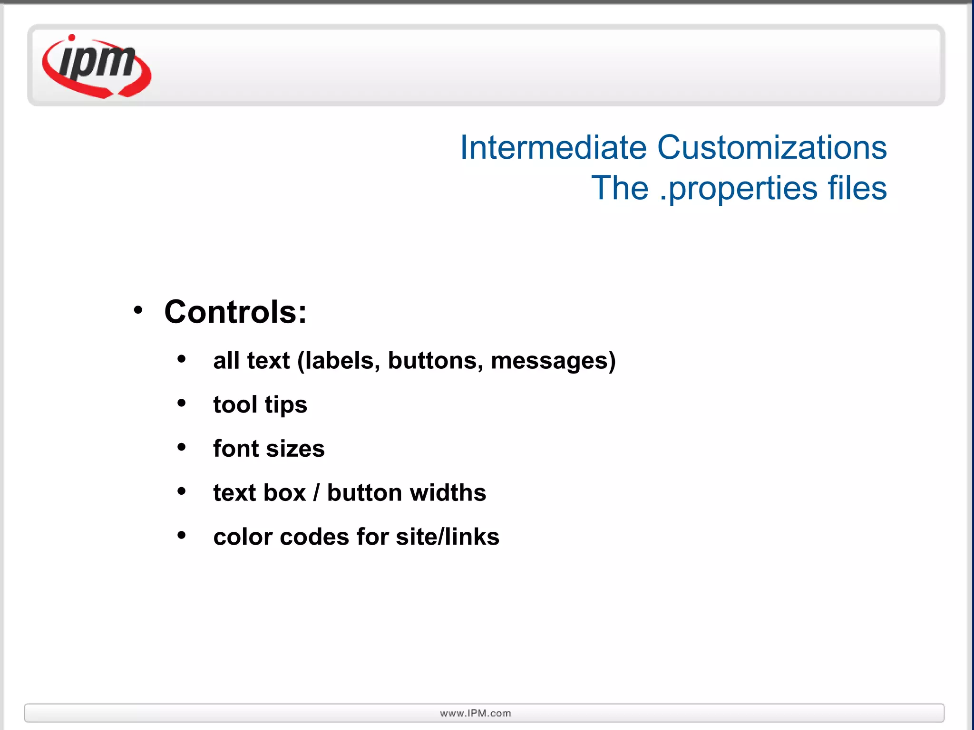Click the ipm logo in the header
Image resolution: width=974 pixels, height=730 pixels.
(97, 67)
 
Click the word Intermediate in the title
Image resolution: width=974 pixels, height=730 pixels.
(553, 147)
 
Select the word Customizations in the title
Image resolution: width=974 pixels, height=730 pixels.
(771, 147)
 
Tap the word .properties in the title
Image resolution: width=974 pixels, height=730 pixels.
(738, 189)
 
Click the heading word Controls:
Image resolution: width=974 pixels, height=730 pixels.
(235, 312)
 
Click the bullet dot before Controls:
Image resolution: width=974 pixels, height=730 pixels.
(138, 310)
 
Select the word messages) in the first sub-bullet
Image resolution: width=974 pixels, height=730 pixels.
(553, 361)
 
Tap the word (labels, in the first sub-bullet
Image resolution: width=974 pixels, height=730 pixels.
(339, 361)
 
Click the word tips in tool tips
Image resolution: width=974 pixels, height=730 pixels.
(286, 405)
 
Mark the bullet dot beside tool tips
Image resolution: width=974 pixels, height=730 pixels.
(181, 403)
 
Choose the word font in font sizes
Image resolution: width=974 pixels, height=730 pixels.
(236, 448)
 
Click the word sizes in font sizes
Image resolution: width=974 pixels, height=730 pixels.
(295, 449)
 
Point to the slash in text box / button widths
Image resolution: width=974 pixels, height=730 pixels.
(316, 492)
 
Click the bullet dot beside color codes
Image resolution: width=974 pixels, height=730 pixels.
(181, 535)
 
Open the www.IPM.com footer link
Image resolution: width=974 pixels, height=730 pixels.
(476, 713)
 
